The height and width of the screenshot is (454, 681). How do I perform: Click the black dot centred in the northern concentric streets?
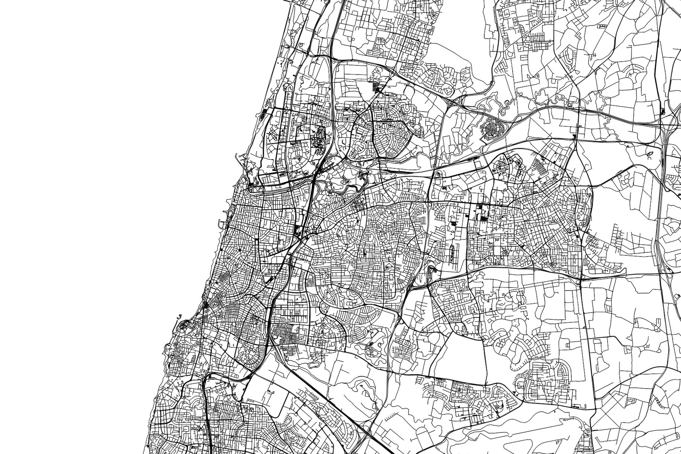[390, 126]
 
